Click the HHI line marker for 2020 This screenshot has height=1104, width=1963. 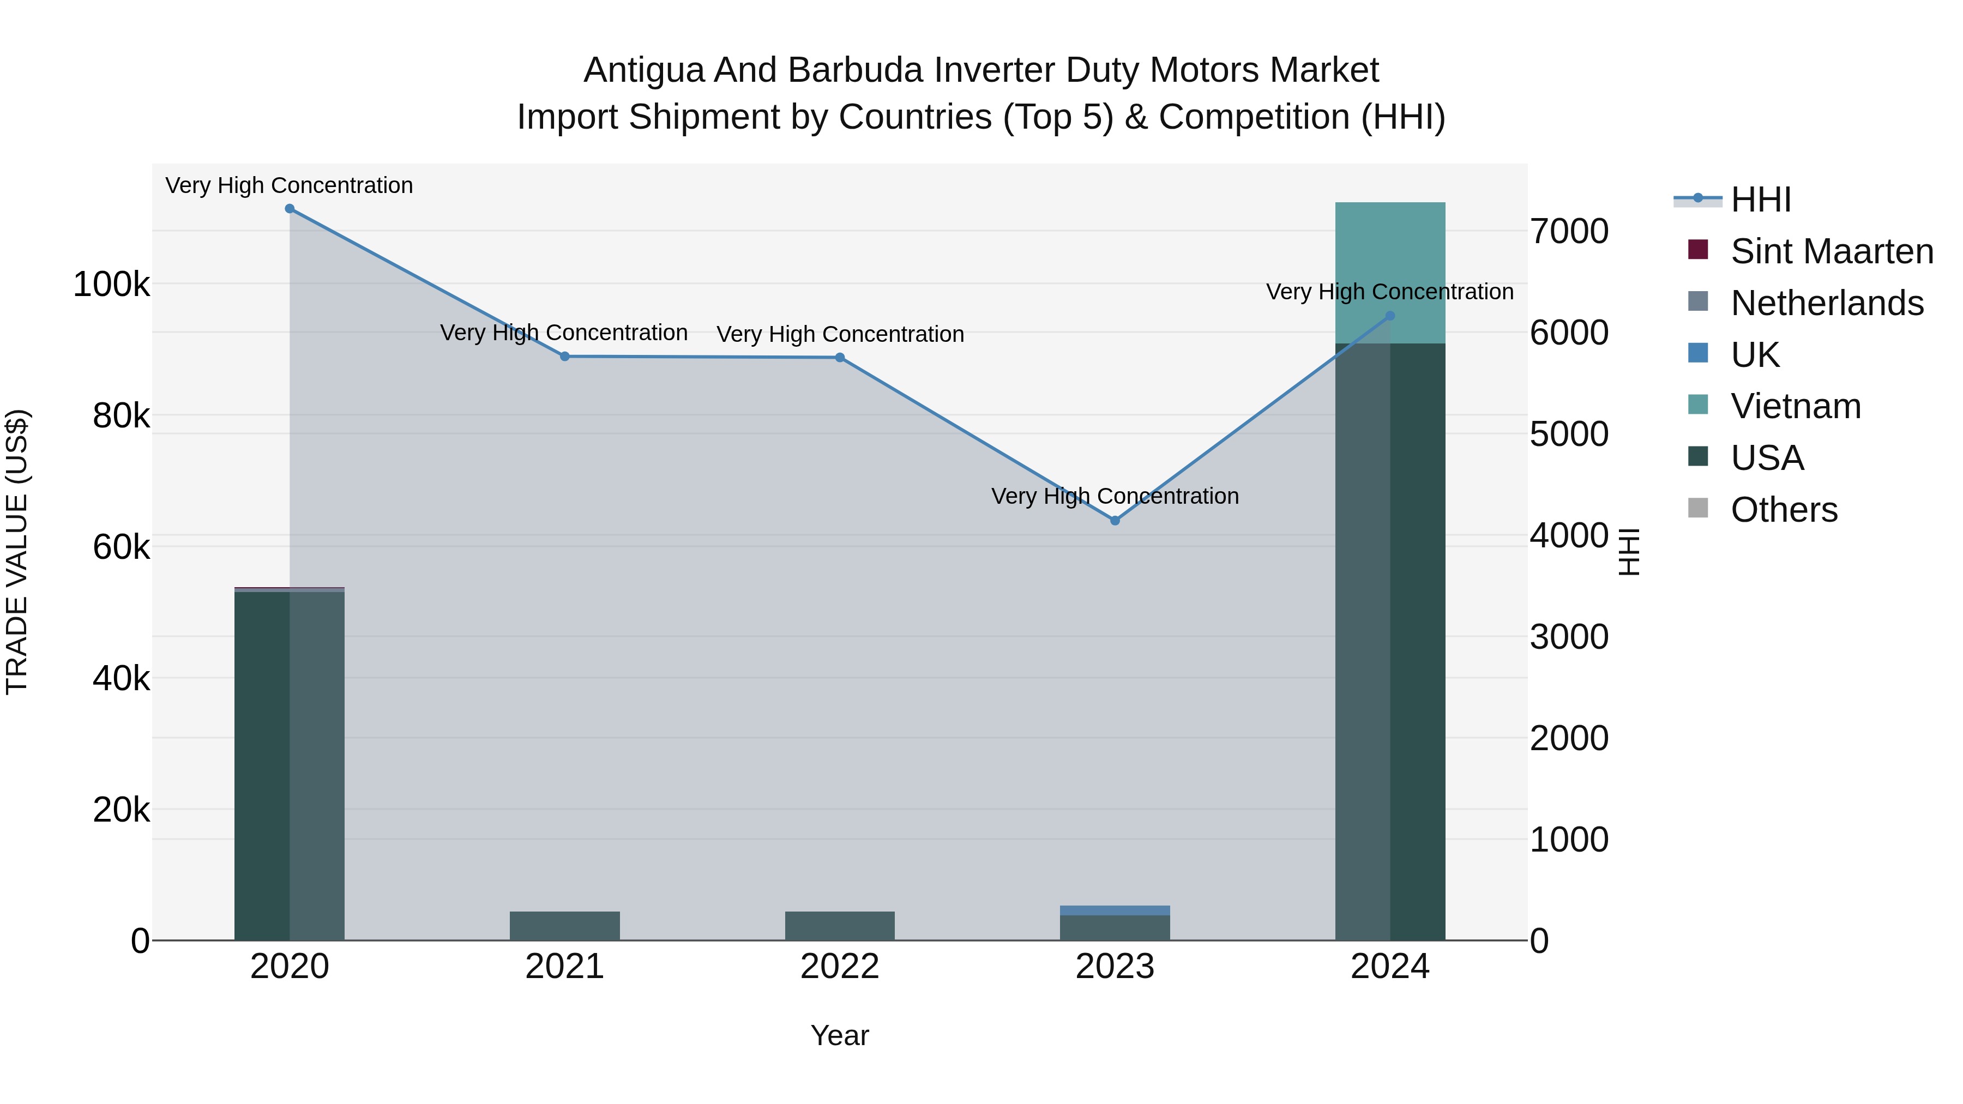pyautogui.click(x=290, y=209)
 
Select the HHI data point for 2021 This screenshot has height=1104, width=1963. pyautogui.click(x=565, y=357)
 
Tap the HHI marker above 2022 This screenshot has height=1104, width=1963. pyautogui.click(x=840, y=357)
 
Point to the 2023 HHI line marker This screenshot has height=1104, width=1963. pyautogui.click(x=1115, y=521)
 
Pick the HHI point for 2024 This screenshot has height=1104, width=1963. pyautogui.click(x=1390, y=316)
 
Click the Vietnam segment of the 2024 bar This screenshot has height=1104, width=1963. pyautogui.click(x=1390, y=259)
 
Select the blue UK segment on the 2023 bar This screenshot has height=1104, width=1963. pyautogui.click(x=1115, y=910)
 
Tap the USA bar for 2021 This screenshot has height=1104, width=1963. pyautogui.click(x=565, y=926)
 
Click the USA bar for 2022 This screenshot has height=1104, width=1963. pyautogui.click(x=840, y=926)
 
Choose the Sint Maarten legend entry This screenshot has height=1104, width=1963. pyautogui.click(x=1831, y=251)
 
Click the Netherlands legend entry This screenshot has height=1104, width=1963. pyautogui.click(x=1827, y=303)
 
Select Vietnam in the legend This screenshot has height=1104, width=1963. pyautogui.click(x=1796, y=406)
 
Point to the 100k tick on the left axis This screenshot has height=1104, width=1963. pyautogui.click(x=111, y=285)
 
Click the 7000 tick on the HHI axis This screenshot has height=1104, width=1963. pyautogui.click(x=1569, y=232)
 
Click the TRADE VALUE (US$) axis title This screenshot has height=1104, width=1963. pyautogui.click(x=17, y=552)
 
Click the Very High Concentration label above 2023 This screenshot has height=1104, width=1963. pyautogui.click(x=1115, y=497)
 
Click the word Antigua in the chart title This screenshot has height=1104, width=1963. pyautogui.click(x=643, y=71)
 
